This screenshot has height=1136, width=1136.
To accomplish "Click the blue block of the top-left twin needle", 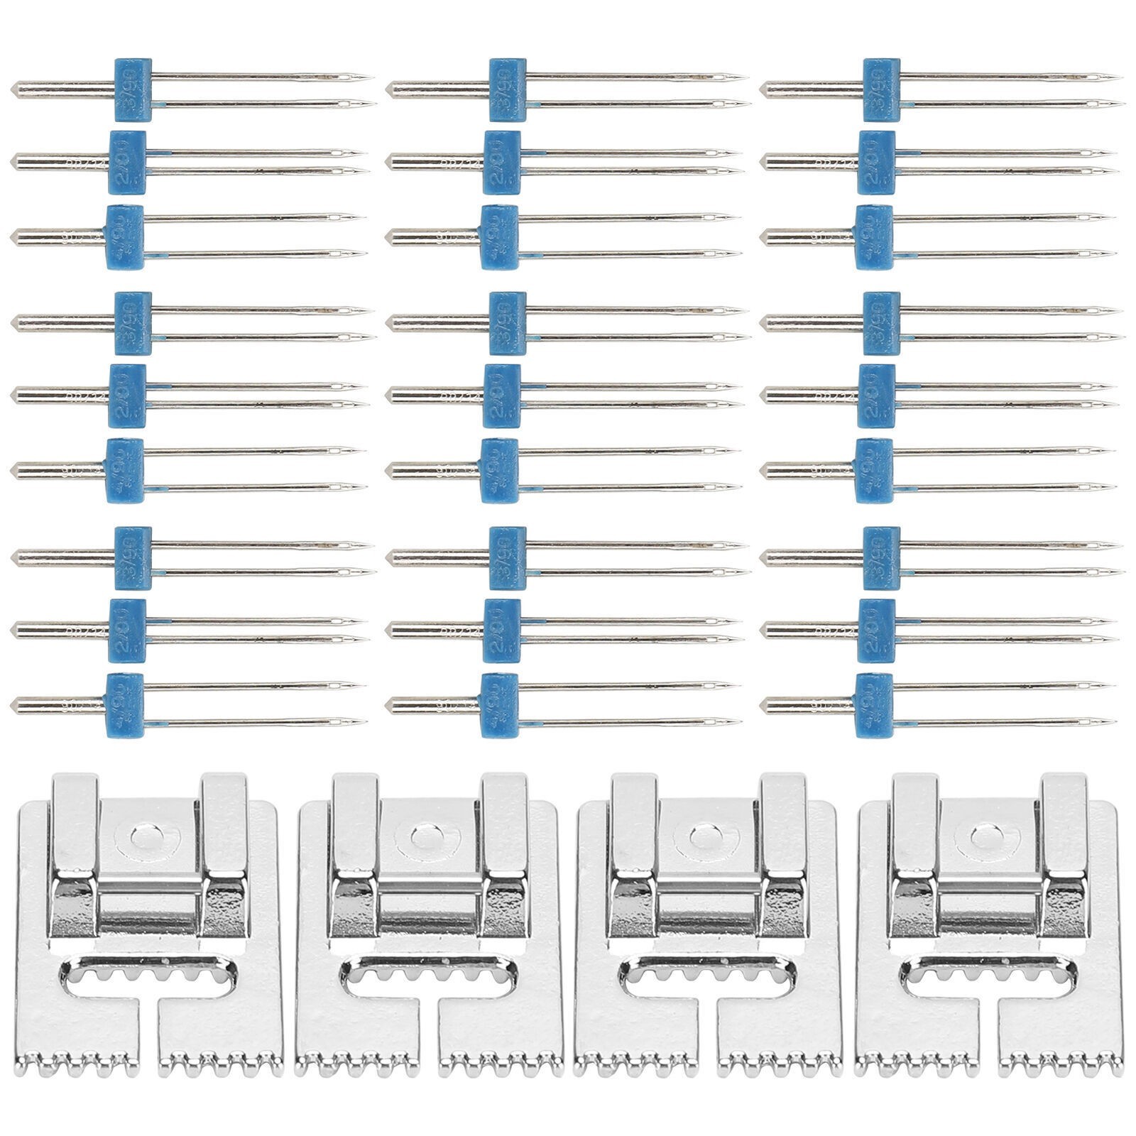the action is (133, 88).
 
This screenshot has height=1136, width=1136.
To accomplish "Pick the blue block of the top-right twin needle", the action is (883, 88).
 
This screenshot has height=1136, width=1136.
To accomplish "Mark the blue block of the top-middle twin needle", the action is (508, 88).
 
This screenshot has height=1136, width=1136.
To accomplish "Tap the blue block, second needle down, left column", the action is (128, 162).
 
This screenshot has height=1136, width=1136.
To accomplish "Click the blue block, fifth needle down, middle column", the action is (503, 395).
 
